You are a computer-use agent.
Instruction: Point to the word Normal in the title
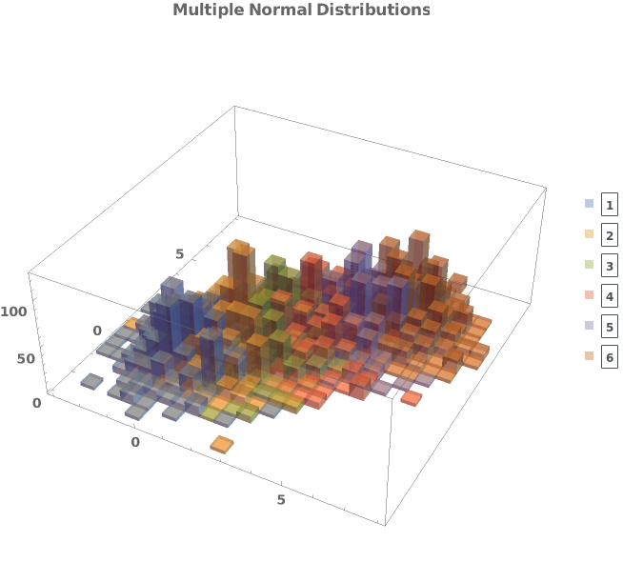[270, 10]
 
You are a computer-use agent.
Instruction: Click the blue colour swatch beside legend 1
[589, 203]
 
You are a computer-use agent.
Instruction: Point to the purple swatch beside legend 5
[589, 327]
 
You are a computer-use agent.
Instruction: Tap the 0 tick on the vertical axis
[36, 403]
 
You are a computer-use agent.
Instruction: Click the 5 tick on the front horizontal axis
[280, 500]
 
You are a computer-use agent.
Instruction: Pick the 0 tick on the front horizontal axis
[135, 443]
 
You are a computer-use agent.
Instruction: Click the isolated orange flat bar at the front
[222, 444]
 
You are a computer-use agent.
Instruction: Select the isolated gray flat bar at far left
[91, 382]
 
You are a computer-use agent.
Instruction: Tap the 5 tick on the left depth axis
[179, 253]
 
